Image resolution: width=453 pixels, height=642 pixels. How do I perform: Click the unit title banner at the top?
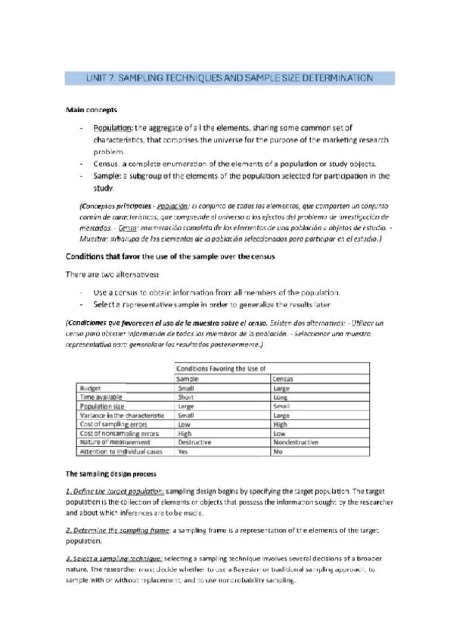pyautogui.click(x=226, y=77)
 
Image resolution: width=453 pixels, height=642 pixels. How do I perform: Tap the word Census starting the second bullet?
pyautogui.click(x=107, y=164)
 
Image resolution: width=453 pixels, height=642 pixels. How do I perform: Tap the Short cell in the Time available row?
pyautogui.click(x=185, y=397)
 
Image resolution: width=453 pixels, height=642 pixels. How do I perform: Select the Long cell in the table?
pyautogui.click(x=281, y=397)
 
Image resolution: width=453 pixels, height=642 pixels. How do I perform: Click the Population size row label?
pyautogui.click(x=102, y=406)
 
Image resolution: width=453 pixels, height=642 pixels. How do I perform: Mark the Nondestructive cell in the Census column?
pyautogui.click(x=293, y=442)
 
